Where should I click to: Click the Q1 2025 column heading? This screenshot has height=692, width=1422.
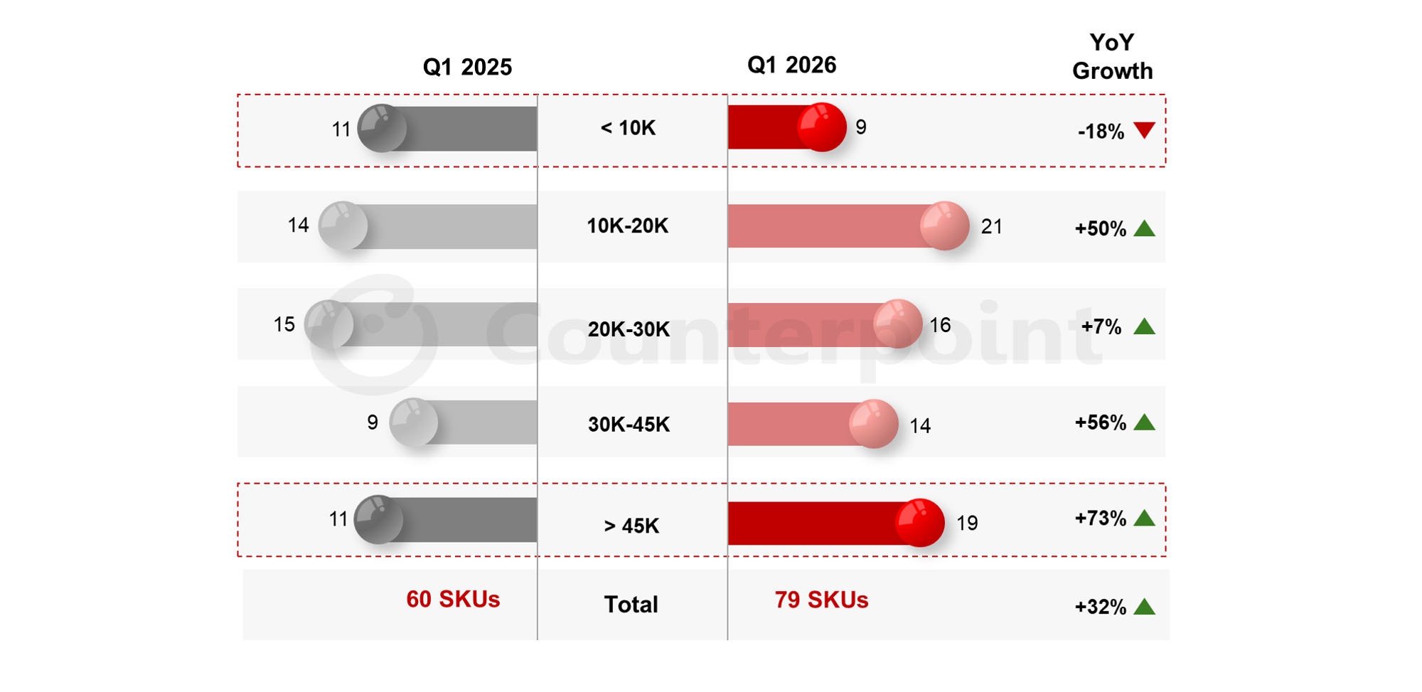click(x=467, y=67)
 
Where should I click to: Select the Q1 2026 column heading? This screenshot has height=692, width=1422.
click(x=791, y=65)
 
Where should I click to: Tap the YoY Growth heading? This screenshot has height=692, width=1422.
click(x=1112, y=57)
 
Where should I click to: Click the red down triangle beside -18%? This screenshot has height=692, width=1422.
click(x=1144, y=130)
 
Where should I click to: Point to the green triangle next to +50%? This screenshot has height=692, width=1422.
click(x=1144, y=228)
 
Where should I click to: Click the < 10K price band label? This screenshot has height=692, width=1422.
click(x=628, y=128)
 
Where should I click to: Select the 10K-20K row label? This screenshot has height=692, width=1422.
click(x=627, y=226)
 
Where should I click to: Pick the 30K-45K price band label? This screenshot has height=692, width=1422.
click(x=629, y=425)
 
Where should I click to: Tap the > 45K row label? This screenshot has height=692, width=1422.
click(x=631, y=526)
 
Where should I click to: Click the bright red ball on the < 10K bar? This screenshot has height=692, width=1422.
click(x=822, y=127)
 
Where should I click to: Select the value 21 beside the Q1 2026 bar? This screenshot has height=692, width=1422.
click(x=992, y=227)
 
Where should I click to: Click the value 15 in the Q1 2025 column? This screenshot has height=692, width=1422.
click(x=284, y=324)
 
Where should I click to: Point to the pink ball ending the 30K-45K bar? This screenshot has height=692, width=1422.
click(x=874, y=424)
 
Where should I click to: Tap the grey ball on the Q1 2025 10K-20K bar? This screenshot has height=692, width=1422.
click(x=343, y=226)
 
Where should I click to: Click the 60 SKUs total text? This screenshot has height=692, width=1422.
click(x=453, y=600)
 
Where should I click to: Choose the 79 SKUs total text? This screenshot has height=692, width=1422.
click(x=821, y=600)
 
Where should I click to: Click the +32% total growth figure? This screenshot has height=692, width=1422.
click(x=1101, y=607)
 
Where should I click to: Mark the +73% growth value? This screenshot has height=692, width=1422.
click(x=1101, y=518)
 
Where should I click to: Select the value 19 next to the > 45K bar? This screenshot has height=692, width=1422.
click(x=967, y=523)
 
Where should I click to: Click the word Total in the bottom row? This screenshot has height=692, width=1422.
click(x=631, y=605)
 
